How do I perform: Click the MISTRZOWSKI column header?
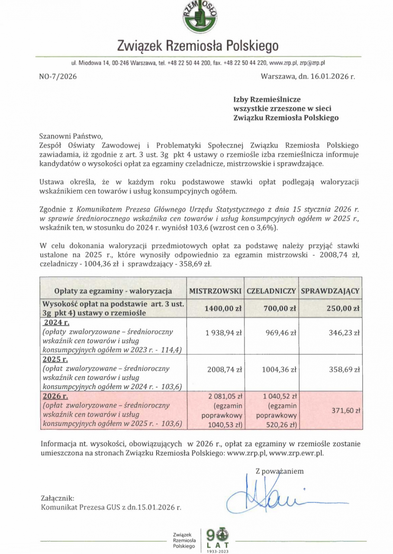coord(215,291)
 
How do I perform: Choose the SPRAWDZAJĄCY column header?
coord(330,291)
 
